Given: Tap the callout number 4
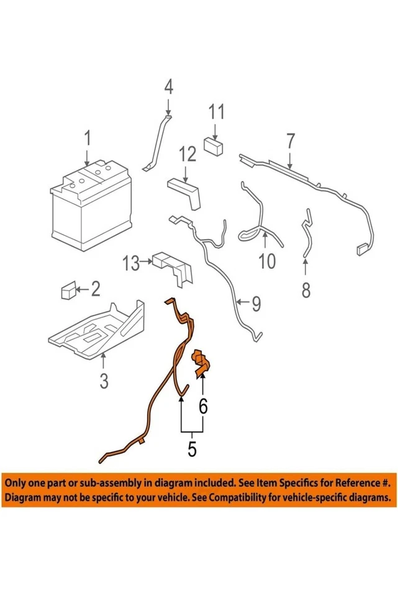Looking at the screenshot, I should (168, 88).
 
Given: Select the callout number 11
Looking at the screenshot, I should (215, 113).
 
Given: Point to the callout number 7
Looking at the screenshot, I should (289, 140).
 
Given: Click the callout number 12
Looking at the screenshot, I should (188, 153).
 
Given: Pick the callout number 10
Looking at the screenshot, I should (266, 261).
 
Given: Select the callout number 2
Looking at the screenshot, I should (95, 289).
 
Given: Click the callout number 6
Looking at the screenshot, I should (203, 407).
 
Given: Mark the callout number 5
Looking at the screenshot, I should (192, 447).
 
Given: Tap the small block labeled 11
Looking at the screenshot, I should (214, 147).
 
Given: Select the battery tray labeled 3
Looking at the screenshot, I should (99, 329).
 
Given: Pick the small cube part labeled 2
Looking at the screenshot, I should (68, 291).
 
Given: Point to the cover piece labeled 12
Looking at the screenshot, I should (185, 192).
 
